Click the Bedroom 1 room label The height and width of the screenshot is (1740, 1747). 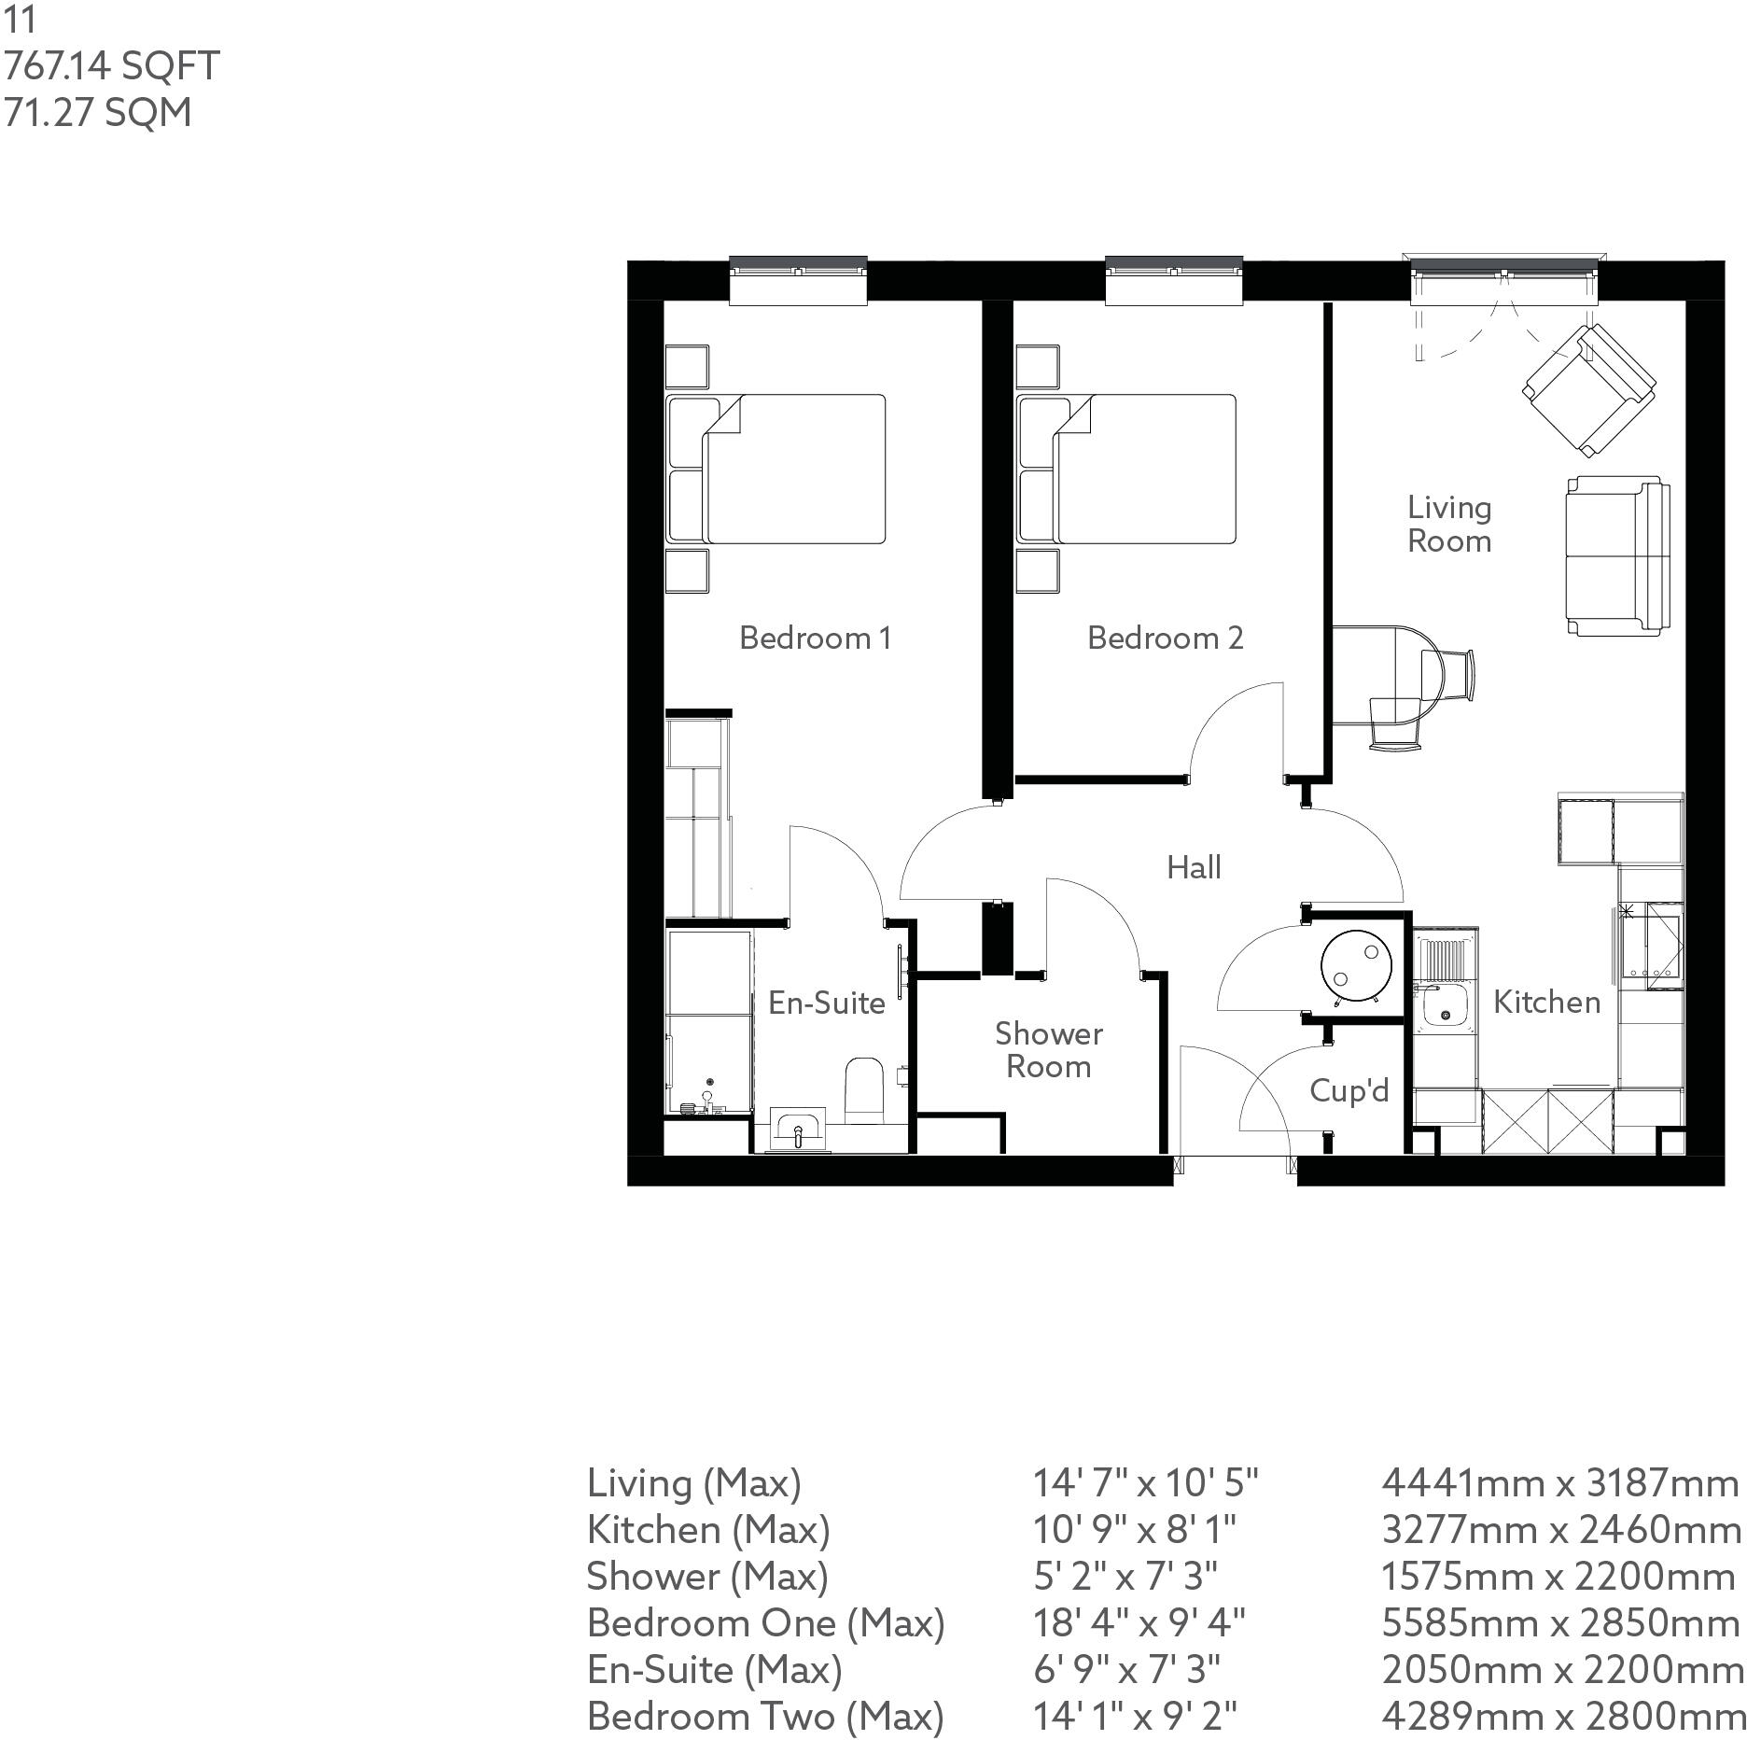coord(815,638)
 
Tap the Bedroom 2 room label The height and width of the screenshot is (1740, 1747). coord(1165,638)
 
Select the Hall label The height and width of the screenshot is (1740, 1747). coord(1194,867)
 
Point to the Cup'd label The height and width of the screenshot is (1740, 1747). coord(1349,1090)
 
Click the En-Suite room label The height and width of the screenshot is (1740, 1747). coord(826,1003)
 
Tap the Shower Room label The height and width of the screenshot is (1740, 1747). coord(1048,1049)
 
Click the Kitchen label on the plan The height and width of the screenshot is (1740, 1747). coord(1546,1002)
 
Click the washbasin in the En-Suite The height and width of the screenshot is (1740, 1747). coord(798,1130)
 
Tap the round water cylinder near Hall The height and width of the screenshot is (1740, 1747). coord(1357,965)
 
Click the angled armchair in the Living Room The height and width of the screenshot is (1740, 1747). coord(1588,389)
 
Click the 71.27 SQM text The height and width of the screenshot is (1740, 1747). coord(98,113)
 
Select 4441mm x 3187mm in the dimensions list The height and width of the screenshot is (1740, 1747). coord(1559,1483)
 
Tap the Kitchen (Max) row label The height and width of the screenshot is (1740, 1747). coord(707,1530)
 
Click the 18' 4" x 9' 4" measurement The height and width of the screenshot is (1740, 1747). coord(1139,1623)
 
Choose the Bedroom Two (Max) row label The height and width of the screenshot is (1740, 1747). coord(765,1716)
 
